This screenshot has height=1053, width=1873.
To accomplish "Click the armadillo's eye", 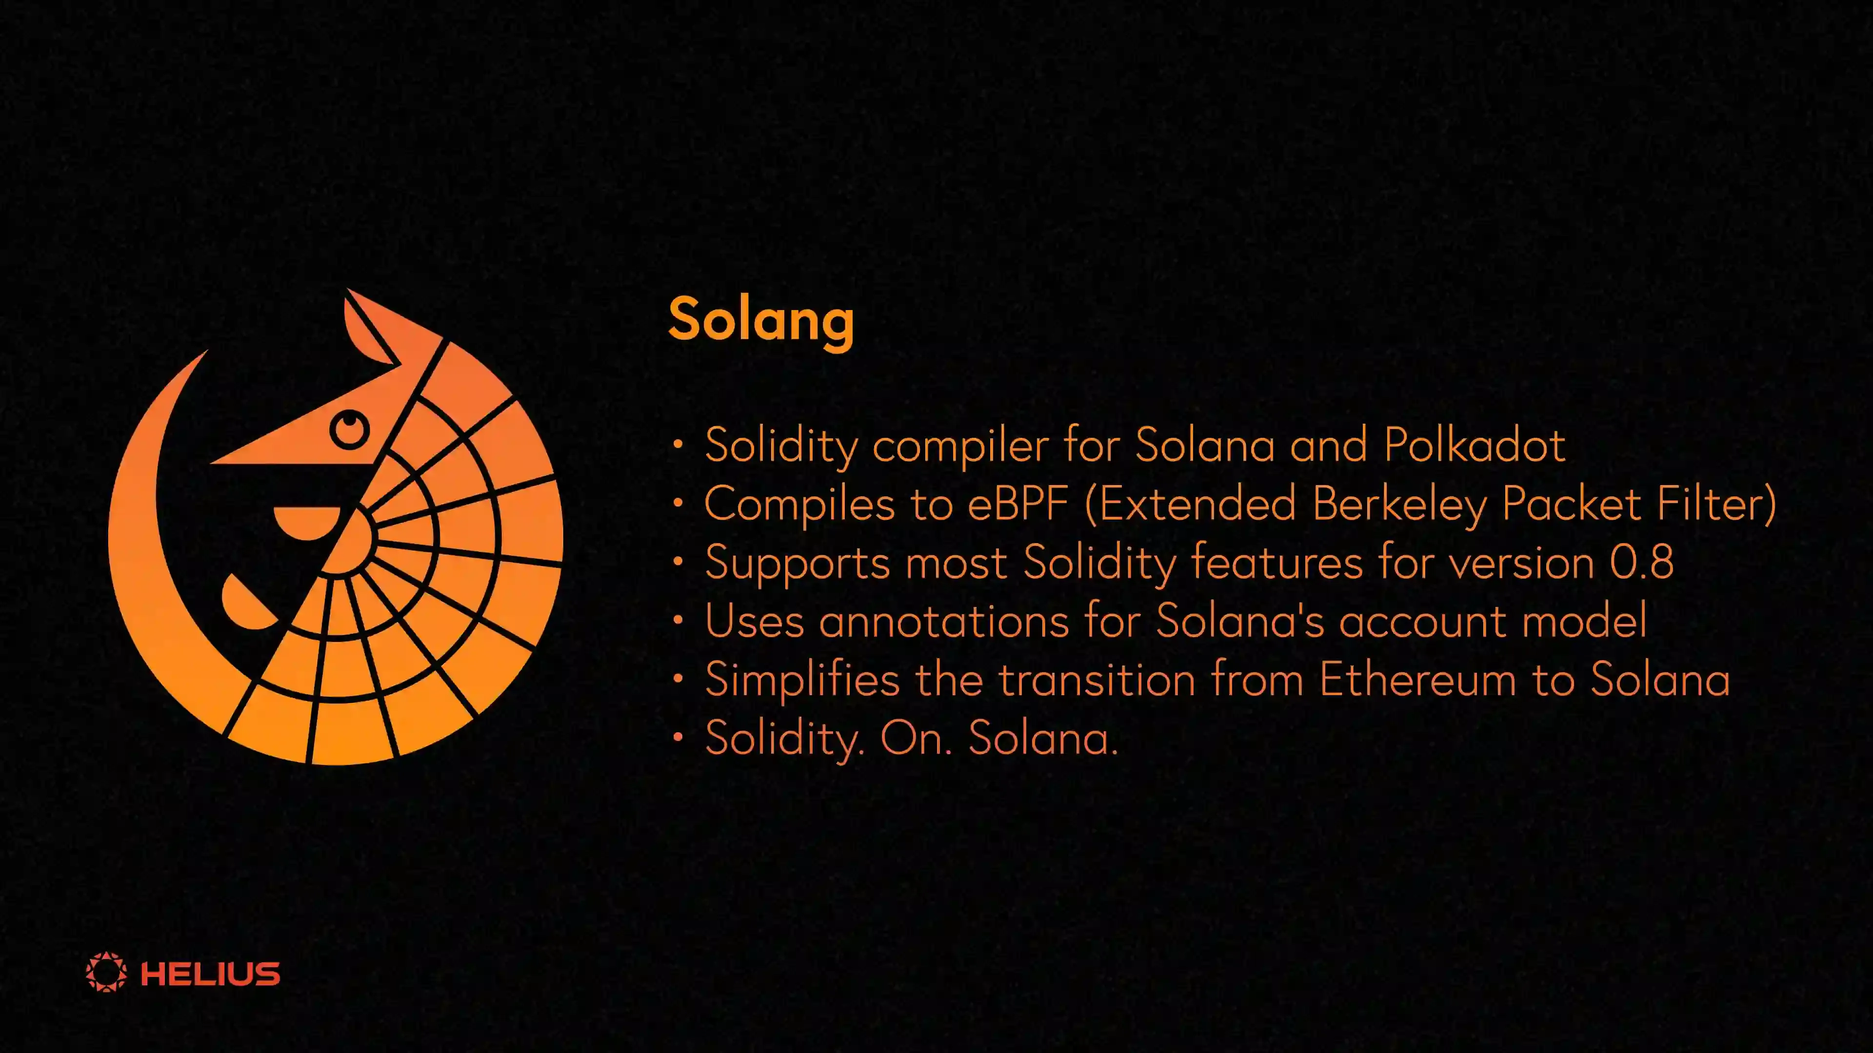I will pyautogui.click(x=350, y=429).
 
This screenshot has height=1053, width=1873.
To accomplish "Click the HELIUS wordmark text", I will pyautogui.click(x=210, y=974).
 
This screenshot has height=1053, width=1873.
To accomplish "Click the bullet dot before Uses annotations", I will pyautogui.click(x=677, y=621).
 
